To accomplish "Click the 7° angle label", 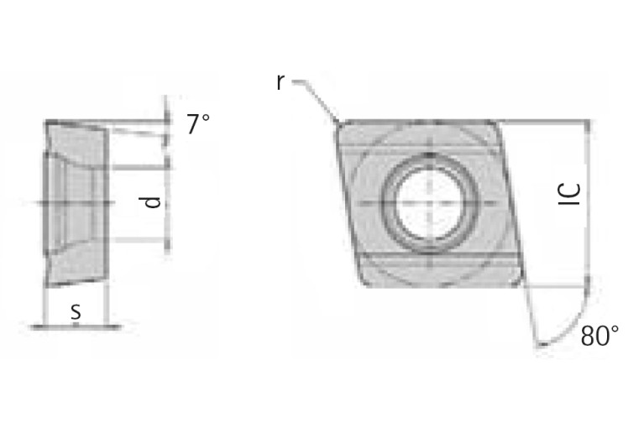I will coord(197,124).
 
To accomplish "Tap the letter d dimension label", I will coord(150,202).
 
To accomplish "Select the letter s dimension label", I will coord(76,311).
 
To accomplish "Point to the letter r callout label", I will coord(280,81).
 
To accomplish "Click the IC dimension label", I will coord(569,194).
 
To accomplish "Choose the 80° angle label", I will coord(599,337).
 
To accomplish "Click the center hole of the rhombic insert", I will coord(428,202).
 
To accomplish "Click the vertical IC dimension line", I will coord(588,201).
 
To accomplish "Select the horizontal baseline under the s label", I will coord(76,326).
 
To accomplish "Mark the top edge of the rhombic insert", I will coord(420,121).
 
